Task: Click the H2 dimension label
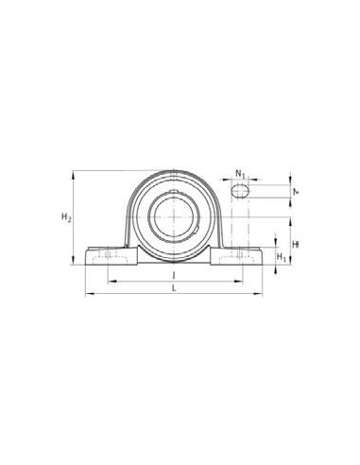click(x=65, y=218)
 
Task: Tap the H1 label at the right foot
click(x=281, y=257)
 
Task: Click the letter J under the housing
click(x=173, y=274)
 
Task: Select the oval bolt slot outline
click(x=241, y=190)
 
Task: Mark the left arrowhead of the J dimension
click(x=109, y=282)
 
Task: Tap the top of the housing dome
click(x=173, y=171)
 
